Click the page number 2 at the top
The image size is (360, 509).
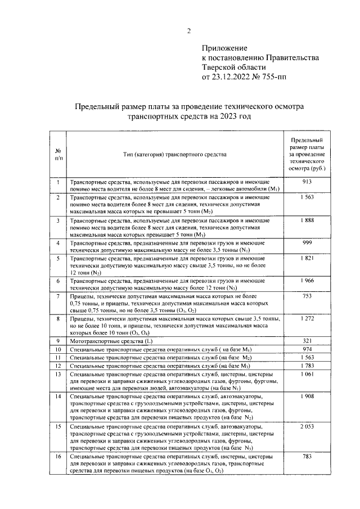coord(189,30)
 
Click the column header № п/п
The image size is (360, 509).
coord(58,154)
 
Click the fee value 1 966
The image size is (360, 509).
coord(307,280)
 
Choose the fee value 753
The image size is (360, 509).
coord(307,295)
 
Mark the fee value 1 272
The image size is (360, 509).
coord(307,318)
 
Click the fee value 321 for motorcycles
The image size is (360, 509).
coord(307,341)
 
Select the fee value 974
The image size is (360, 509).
coord(307,349)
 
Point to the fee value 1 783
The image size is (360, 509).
coord(307,366)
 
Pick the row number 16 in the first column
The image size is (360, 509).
coord(58,458)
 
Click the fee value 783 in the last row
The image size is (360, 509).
coord(307,458)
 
